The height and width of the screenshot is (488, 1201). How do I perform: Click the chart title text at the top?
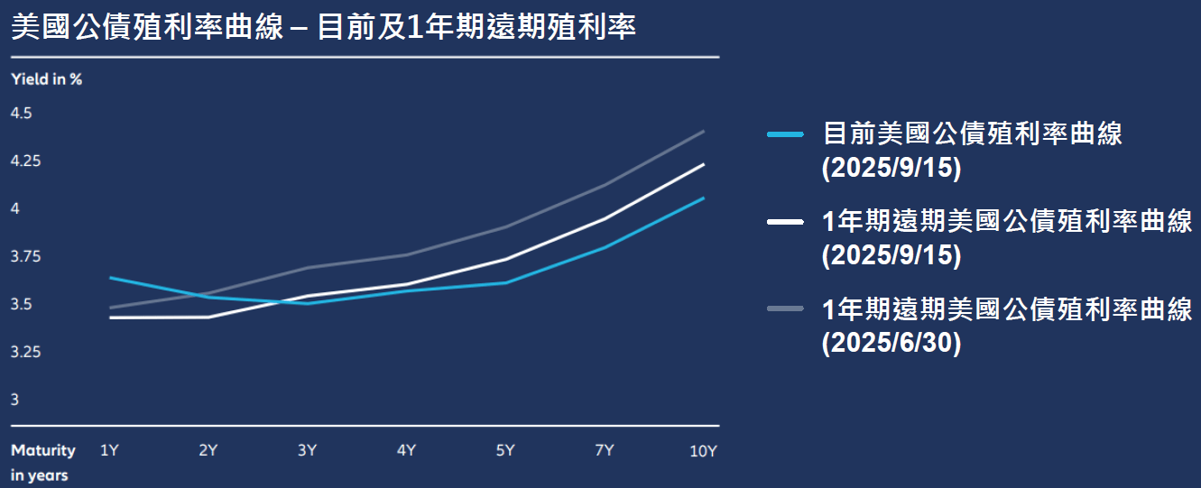point(324,27)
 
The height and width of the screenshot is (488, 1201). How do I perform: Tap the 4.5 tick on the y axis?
point(21,114)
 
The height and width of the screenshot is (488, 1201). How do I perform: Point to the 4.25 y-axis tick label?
point(25,161)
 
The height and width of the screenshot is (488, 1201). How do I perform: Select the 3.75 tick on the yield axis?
point(25,257)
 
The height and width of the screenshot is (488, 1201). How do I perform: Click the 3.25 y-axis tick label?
point(25,352)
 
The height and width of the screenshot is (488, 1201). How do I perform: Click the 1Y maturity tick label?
point(109,450)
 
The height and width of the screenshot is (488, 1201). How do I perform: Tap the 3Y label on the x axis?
point(307,450)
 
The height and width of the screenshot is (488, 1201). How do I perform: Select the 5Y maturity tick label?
point(505,450)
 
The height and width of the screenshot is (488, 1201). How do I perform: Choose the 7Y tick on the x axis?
point(605,450)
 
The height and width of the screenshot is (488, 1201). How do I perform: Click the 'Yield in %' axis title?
point(46,79)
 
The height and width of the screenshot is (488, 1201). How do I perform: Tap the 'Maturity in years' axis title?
point(42,462)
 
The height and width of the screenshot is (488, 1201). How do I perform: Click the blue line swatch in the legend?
point(785,134)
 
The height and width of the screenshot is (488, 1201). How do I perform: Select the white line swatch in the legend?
point(785,221)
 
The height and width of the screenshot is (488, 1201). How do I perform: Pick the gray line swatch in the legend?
point(785,308)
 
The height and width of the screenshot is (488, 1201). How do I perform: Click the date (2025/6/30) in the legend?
point(892,344)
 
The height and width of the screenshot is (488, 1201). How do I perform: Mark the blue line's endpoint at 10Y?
point(704,198)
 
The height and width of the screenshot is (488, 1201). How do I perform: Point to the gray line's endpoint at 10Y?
point(704,131)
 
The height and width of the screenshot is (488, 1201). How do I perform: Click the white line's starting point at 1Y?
point(109,318)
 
